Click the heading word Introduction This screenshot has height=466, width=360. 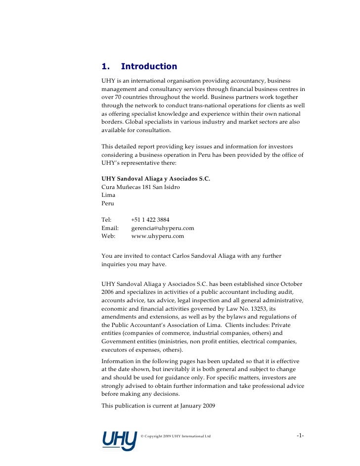pos(148,66)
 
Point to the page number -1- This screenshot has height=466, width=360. pos(300,435)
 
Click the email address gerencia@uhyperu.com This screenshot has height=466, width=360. pos(163,228)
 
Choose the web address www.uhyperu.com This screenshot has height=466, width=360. pos(157,236)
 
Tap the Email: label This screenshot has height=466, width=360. pos(110,228)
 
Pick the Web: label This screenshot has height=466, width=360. pos(108,236)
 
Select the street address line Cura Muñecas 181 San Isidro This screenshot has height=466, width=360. pos(140,187)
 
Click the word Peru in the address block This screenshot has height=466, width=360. pos(107,203)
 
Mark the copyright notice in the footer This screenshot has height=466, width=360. pos(176,436)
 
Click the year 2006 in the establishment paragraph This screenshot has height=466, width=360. pos(109,292)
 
